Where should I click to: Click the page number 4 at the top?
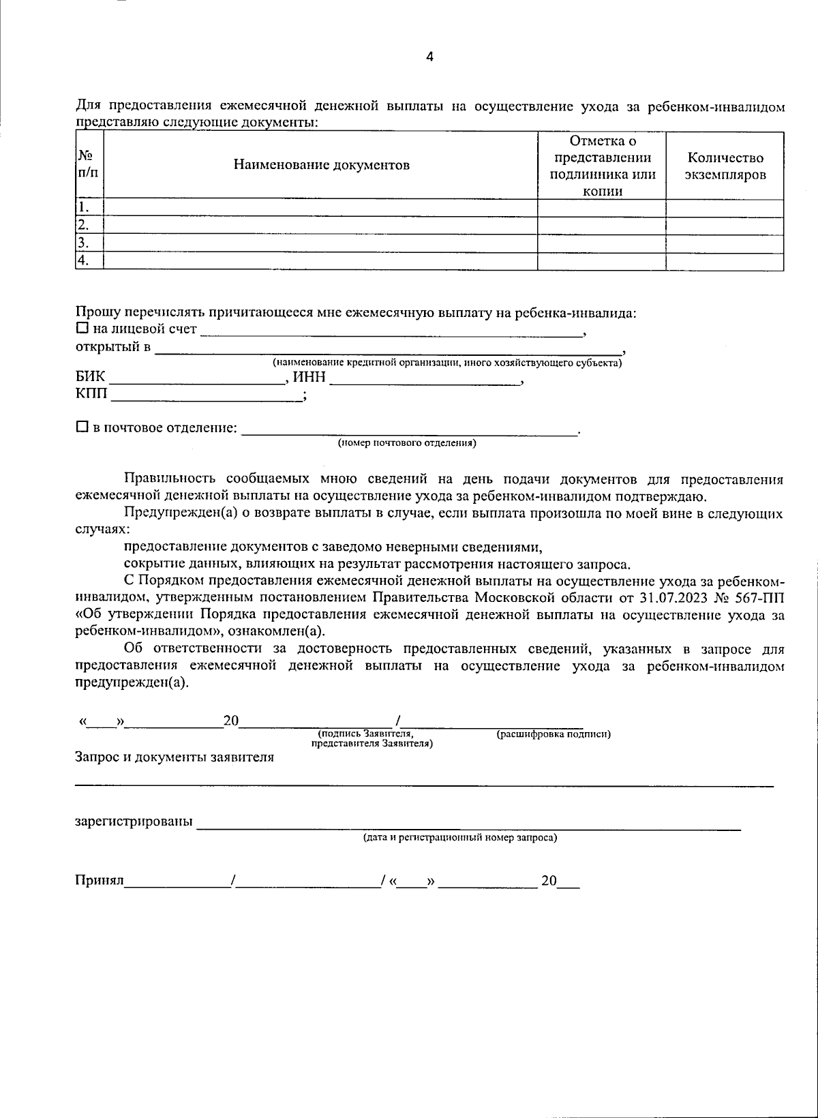[429, 57]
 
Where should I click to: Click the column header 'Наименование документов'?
[322, 165]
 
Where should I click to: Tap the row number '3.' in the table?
[83, 243]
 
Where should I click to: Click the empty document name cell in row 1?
[320, 207]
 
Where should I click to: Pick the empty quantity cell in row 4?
[725, 260]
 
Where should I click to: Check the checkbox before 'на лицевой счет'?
[82, 329]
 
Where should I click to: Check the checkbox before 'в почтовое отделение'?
[82, 427]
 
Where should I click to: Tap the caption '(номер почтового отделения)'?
[407, 444]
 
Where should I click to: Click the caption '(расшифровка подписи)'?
[553, 734]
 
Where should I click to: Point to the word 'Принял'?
[99, 881]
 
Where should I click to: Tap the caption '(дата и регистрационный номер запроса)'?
[459, 838]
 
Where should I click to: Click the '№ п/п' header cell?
[89, 165]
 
